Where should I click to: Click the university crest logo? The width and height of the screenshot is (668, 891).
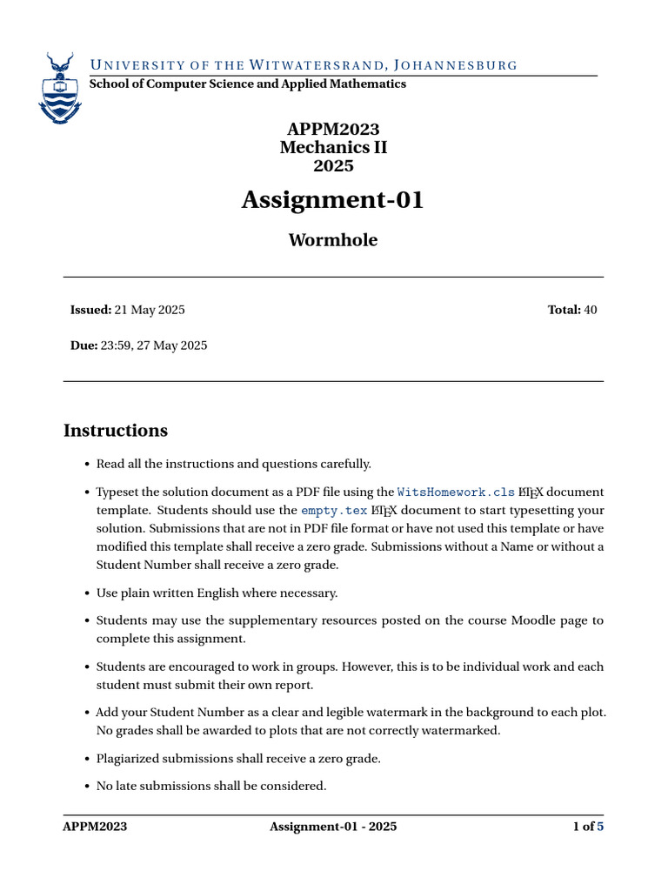pyautogui.click(x=59, y=89)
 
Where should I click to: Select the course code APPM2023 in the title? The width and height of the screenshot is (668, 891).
pyautogui.click(x=333, y=130)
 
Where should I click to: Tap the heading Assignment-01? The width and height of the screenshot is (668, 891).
pyautogui.click(x=333, y=200)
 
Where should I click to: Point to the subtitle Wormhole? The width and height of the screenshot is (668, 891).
pyautogui.click(x=333, y=240)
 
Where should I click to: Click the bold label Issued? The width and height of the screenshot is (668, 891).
pyautogui.click(x=90, y=310)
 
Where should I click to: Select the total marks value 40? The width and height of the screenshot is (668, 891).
pyautogui.click(x=591, y=310)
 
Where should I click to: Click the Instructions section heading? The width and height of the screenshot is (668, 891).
pyautogui.click(x=116, y=431)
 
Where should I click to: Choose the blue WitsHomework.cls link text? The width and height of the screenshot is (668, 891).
pyautogui.click(x=456, y=492)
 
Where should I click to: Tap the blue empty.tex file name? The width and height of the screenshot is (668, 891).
pyautogui.click(x=333, y=511)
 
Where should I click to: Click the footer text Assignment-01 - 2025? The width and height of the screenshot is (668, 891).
pyautogui.click(x=333, y=827)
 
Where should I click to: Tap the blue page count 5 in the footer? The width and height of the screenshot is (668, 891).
pyautogui.click(x=599, y=827)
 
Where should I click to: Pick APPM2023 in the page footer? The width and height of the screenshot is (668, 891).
pyautogui.click(x=95, y=827)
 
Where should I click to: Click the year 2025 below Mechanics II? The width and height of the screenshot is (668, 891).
pyautogui.click(x=333, y=165)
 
